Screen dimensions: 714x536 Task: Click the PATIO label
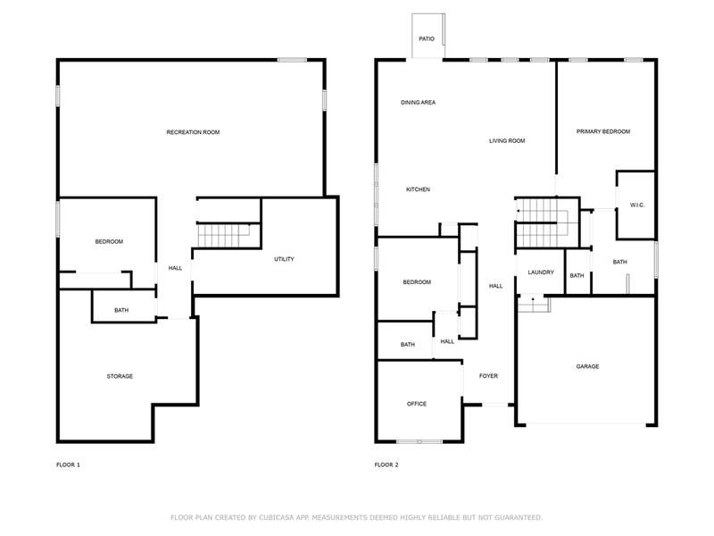click(427, 39)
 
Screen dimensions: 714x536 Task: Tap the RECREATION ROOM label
click(193, 132)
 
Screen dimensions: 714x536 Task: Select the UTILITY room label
click(284, 259)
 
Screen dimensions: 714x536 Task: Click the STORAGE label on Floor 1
click(120, 376)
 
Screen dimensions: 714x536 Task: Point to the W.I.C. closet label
click(637, 205)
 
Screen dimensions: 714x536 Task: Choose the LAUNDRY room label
click(541, 272)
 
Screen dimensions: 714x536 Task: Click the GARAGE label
click(587, 366)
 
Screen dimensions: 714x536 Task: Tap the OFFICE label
click(417, 404)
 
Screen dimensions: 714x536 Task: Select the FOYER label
click(488, 376)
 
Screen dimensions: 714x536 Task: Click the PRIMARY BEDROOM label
click(603, 131)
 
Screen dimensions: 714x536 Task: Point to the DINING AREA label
click(418, 103)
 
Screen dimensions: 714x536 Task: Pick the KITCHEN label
click(418, 189)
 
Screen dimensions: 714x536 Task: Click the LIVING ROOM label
click(507, 141)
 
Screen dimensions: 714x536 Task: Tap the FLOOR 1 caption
click(68, 465)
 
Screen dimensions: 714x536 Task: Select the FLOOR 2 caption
click(386, 465)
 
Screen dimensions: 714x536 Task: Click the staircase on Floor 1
click(224, 236)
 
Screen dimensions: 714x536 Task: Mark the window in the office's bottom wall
click(419, 441)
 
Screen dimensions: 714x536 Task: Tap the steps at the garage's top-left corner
click(534, 304)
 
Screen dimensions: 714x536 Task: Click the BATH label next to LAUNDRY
click(577, 276)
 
